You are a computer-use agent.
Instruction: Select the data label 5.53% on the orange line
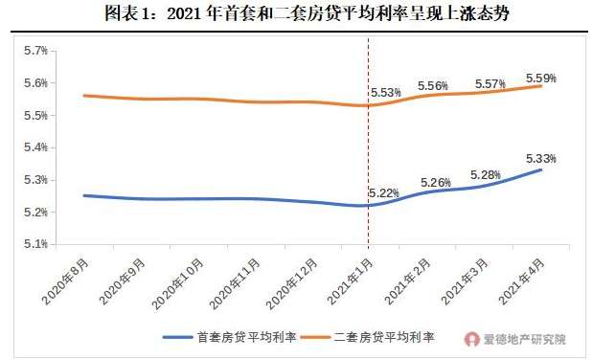coord(385,93)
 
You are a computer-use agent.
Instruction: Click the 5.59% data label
coord(541,78)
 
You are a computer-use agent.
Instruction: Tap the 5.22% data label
coord(384,193)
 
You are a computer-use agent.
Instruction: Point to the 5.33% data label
coord(541,159)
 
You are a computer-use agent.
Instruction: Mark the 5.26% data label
coord(436,183)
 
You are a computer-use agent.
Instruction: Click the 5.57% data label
coord(490,84)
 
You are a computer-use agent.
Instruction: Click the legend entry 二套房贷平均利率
coord(384,338)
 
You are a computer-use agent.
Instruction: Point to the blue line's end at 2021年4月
coord(541,169)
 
